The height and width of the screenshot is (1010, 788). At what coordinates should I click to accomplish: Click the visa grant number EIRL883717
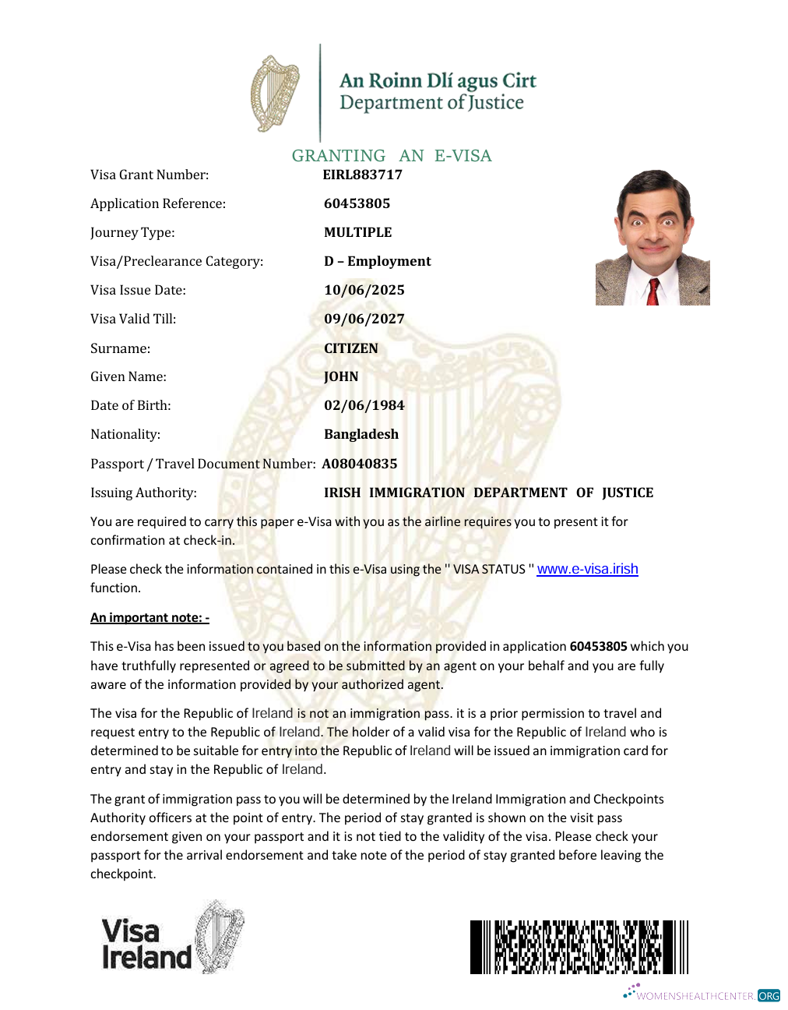coord(363,175)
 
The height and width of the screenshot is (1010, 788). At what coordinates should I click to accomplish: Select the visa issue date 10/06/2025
coord(364,290)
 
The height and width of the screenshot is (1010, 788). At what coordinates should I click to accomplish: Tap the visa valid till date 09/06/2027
coord(364,319)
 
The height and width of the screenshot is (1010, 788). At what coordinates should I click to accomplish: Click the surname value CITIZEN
coord(351,348)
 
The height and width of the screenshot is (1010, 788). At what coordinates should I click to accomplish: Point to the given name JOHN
coord(341,376)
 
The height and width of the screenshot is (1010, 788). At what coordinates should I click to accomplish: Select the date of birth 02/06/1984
coord(364,405)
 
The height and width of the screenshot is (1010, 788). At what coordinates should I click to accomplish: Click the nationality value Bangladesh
coord(361,434)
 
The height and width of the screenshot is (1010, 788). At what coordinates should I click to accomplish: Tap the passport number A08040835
coord(360,464)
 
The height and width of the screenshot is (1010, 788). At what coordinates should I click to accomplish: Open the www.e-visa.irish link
coord(587,569)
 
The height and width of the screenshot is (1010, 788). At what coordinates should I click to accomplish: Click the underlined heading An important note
coord(150,617)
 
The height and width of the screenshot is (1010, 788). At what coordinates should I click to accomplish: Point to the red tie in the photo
coord(653,292)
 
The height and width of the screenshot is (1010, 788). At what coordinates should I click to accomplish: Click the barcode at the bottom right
coord(579,947)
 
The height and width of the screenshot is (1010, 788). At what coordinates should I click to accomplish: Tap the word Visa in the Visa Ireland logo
coord(131,931)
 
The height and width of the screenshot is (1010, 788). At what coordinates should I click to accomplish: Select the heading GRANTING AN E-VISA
coord(392,156)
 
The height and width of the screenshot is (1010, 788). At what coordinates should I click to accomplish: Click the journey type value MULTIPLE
coord(358,232)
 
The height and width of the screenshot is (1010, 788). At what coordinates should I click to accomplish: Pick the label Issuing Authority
coord(143,493)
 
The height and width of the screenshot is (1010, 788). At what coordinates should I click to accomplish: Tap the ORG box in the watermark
coord(769,996)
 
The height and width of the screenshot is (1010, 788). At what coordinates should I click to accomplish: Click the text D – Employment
coord(378,261)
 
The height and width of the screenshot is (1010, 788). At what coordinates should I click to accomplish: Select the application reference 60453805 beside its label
coord(357,203)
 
